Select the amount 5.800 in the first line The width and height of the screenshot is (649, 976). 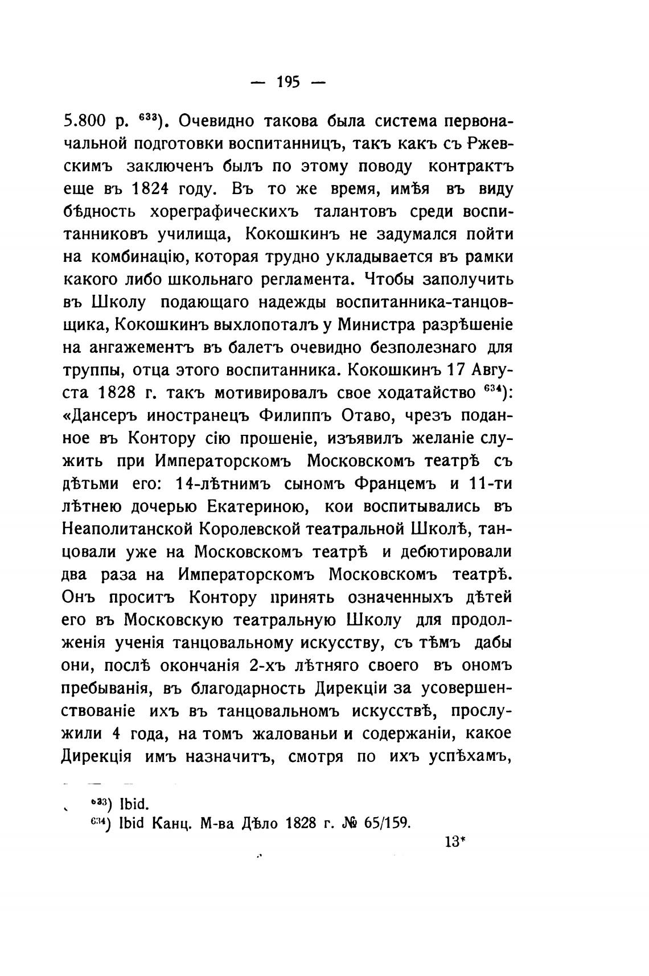(x=87, y=121)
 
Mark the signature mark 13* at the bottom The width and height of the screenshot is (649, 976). (x=454, y=842)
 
